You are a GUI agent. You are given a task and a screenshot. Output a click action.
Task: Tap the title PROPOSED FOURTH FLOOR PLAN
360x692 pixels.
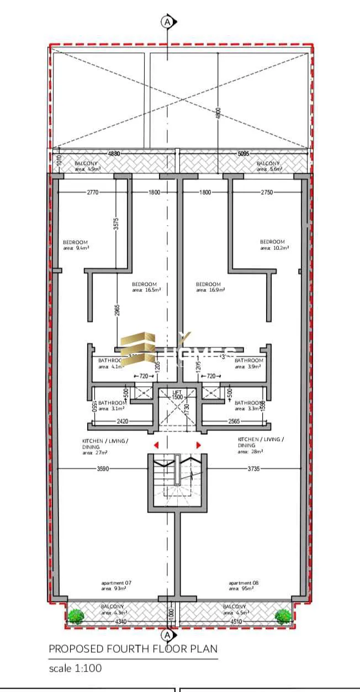click(x=133, y=649)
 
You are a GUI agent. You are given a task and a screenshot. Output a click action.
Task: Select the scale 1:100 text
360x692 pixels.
click(x=75, y=668)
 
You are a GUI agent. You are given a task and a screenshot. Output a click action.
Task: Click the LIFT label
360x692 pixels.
click(x=177, y=392)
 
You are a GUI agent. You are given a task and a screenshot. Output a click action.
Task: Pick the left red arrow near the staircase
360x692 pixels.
click(x=156, y=445)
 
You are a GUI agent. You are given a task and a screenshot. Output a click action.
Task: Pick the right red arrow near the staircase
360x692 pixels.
click(x=198, y=445)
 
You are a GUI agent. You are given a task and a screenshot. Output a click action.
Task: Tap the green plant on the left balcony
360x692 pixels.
click(x=76, y=616)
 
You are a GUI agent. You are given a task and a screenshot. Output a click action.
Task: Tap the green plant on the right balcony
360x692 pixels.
click(x=283, y=616)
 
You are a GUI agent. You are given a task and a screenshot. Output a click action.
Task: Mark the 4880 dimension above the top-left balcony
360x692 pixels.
click(x=114, y=154)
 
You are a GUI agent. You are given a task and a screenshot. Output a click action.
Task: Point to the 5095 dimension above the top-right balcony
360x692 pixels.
click(x=243, y=154)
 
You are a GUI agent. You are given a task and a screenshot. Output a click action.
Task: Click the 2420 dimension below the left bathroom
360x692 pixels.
click(x=122, y=420)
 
